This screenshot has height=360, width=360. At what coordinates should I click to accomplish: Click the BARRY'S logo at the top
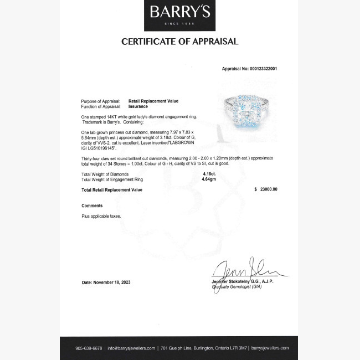click(180, 13)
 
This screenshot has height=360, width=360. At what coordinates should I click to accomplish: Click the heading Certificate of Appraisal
click(180, 42)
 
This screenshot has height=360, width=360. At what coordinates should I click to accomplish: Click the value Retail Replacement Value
click(153, 101)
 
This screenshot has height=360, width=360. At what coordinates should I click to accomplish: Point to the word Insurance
click(138, 107)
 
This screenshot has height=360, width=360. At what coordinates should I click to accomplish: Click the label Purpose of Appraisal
click(100, 101)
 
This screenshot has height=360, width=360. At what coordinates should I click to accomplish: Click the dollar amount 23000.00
click(268, 189)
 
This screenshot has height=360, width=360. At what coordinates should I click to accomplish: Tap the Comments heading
click(92, 206)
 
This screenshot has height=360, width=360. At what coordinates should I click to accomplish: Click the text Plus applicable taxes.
click(101, 216)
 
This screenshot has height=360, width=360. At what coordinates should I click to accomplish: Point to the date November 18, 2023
click(106, 282)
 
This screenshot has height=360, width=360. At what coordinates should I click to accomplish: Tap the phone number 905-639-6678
click(89, 348)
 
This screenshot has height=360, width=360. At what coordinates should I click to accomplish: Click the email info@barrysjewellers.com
click(131, 348)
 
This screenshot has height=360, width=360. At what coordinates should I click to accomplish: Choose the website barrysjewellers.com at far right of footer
click(270, 348)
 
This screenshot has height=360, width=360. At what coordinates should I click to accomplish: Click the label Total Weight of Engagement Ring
click(112, 179)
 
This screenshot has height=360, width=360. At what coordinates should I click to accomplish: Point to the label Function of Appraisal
click(100, 107)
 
